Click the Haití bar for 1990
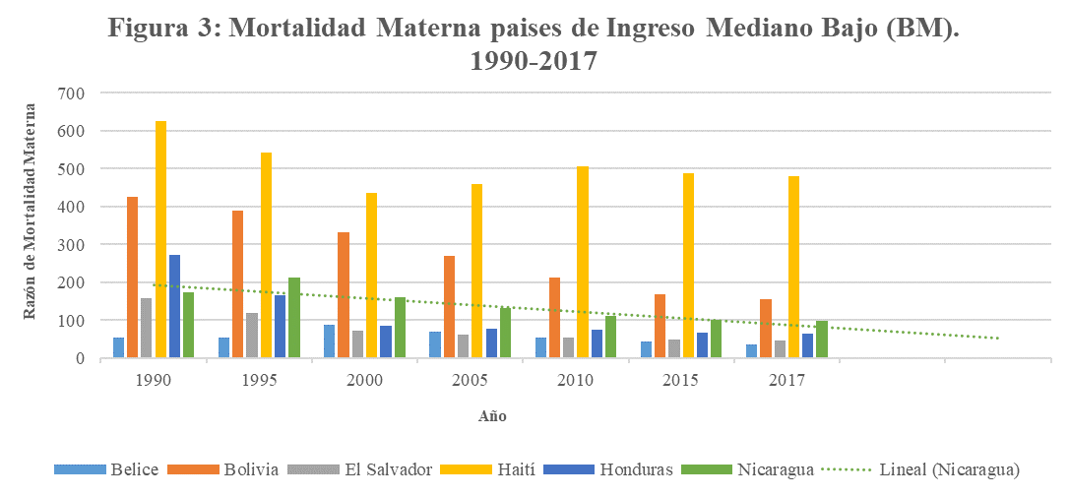160,240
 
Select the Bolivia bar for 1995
237,284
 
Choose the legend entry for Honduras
636,469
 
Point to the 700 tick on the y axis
73,93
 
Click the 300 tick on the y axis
73,245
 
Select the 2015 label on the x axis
681,379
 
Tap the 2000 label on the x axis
364,379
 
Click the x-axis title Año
492,416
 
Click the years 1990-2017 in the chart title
534,61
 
